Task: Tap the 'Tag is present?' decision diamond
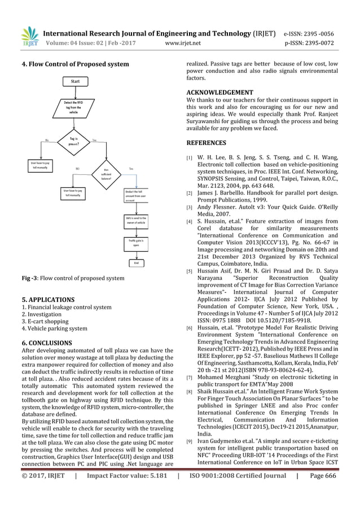click(73, 141)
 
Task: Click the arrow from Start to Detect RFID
click(74, 92)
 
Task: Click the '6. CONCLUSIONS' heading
click(46, 343)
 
